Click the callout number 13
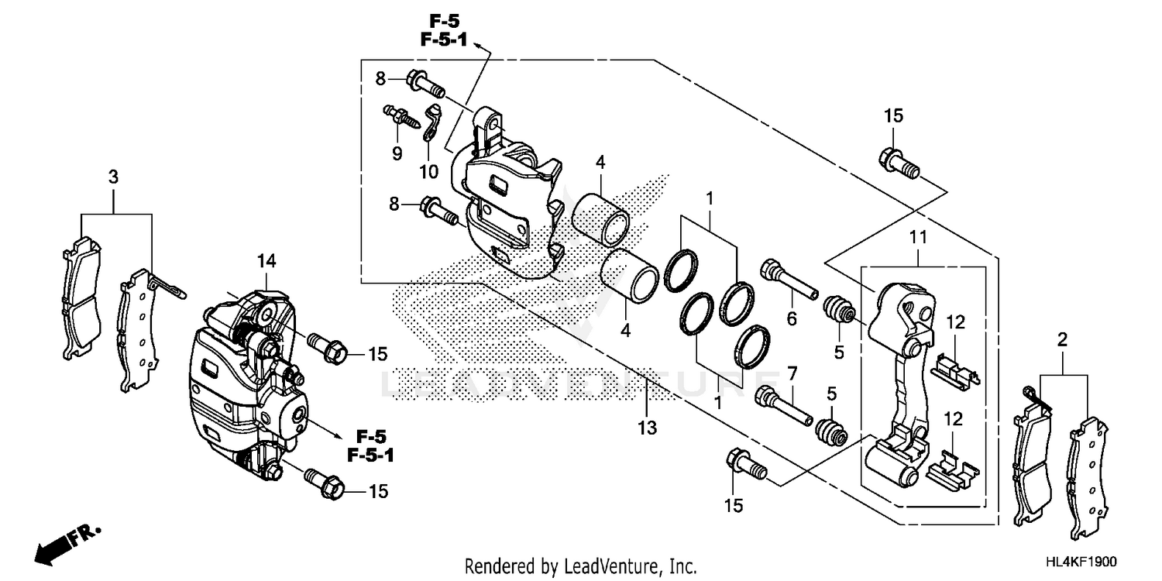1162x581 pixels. [x=647, y=427]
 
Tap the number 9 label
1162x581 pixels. [x=397, y=153]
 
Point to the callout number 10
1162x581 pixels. [x=429, y=170]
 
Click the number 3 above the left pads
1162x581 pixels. [x=113, y=177]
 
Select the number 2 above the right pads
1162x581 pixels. [x=1061, y=339]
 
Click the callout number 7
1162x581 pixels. [x=791, y=374]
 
